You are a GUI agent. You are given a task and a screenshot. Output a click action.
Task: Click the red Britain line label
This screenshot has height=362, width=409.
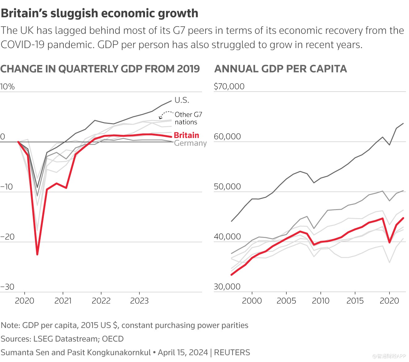coord(186,135)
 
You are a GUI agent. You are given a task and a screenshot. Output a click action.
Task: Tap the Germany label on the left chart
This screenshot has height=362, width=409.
coord(190,143)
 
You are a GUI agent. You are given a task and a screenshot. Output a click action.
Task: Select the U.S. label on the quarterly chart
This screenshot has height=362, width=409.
coord(182,100)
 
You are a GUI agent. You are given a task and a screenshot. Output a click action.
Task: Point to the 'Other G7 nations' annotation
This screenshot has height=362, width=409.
coord(188,118)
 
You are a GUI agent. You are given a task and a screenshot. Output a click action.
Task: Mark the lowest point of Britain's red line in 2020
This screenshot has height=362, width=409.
coord(37,254)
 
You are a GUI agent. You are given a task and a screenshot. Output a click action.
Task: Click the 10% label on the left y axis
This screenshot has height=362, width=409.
coord(7,87)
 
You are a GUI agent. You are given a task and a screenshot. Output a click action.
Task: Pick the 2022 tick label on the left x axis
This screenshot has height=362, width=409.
coord(101,301)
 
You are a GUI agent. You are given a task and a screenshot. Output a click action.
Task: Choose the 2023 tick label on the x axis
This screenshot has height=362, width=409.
coord(139,301)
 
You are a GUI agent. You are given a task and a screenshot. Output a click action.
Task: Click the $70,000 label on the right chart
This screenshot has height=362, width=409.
coord(229,87)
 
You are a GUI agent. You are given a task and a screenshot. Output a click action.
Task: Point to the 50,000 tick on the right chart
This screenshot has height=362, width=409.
coord(227,187)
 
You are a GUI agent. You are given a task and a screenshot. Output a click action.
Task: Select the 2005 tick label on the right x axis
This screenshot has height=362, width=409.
coord(286,301)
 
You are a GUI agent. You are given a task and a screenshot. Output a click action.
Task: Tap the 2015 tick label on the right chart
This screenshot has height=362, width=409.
coord(355,301)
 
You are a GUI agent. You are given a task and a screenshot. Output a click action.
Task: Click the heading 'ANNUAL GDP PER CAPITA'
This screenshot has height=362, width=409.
coord(280,69)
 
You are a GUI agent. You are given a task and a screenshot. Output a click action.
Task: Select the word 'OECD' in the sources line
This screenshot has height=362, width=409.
coord(113,339)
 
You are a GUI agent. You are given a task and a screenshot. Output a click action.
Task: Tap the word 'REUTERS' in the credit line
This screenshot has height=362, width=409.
coord(232,352)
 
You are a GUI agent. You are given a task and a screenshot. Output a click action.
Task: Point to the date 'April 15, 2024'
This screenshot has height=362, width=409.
coord(183,352)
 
